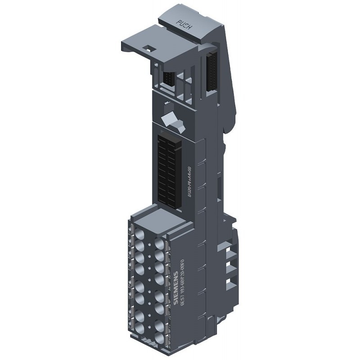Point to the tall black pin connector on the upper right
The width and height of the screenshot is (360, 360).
[x=211, y=72]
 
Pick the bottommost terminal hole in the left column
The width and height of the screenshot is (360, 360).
[x=139, y=328]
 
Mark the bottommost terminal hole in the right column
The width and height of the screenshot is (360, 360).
[x=159, y=338]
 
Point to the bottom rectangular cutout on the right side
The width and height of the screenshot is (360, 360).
[x=231, y=283]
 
